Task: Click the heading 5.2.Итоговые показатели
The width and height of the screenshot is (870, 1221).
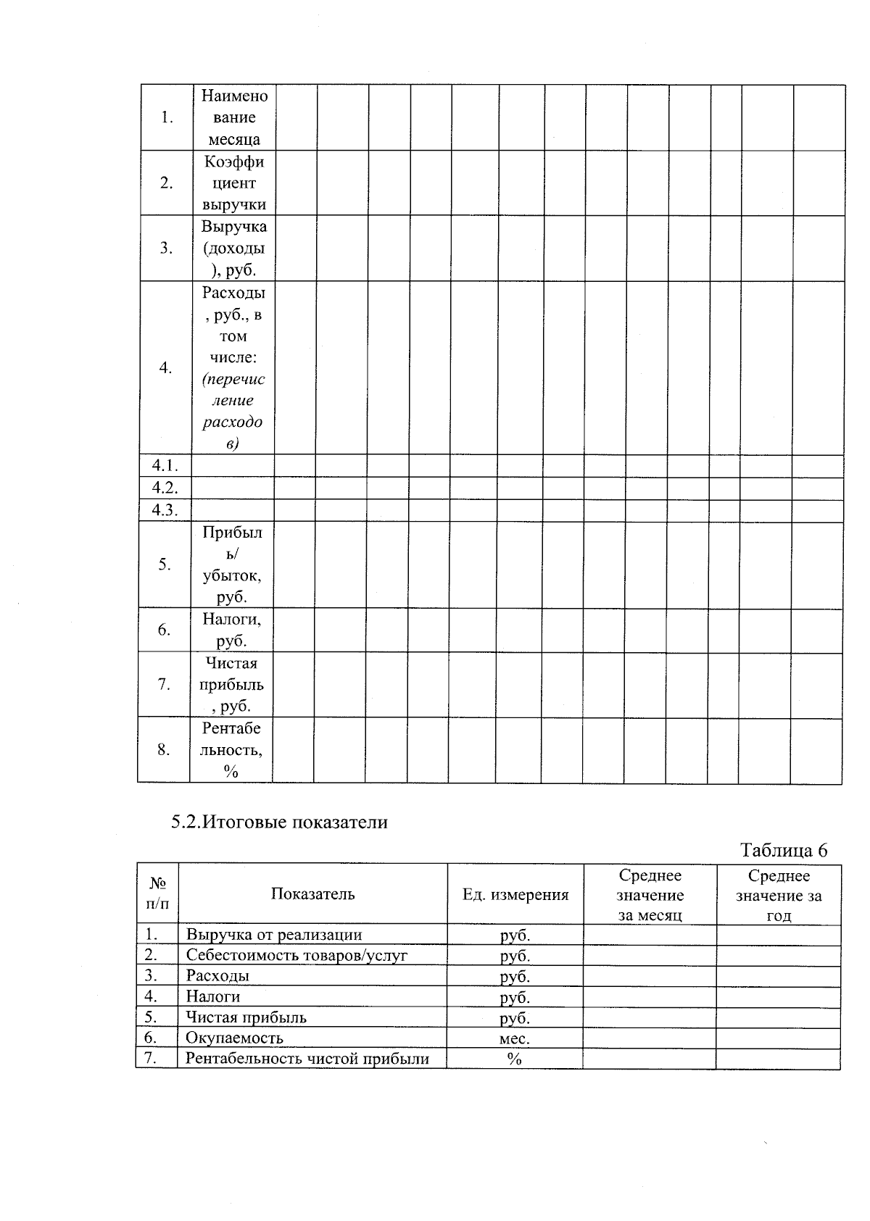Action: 279,822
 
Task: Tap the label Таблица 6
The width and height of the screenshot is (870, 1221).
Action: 783,850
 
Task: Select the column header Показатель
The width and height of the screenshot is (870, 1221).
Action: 312,894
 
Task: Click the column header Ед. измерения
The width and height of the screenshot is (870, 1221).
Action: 515,895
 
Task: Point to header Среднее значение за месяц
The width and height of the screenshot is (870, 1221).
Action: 650,896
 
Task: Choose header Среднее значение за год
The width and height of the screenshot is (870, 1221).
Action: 779,896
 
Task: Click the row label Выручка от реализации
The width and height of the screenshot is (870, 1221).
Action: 273,935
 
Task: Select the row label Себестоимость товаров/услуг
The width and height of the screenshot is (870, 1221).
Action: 297,955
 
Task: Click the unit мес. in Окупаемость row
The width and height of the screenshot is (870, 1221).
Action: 515,1038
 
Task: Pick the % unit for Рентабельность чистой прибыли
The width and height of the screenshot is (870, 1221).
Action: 515,1059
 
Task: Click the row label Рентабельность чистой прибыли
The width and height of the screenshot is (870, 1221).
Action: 307,1059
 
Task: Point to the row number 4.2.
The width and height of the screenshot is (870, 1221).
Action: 165,488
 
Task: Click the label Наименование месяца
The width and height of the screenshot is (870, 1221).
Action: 233,117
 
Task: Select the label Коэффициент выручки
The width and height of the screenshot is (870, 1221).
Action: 233,183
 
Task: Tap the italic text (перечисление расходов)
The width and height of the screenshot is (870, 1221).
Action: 233,411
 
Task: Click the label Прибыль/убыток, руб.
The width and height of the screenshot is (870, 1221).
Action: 232,564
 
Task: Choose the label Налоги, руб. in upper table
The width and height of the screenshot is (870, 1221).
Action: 232,630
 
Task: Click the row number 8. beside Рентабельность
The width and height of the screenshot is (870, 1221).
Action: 164,749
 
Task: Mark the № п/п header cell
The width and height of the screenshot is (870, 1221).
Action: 157,893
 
